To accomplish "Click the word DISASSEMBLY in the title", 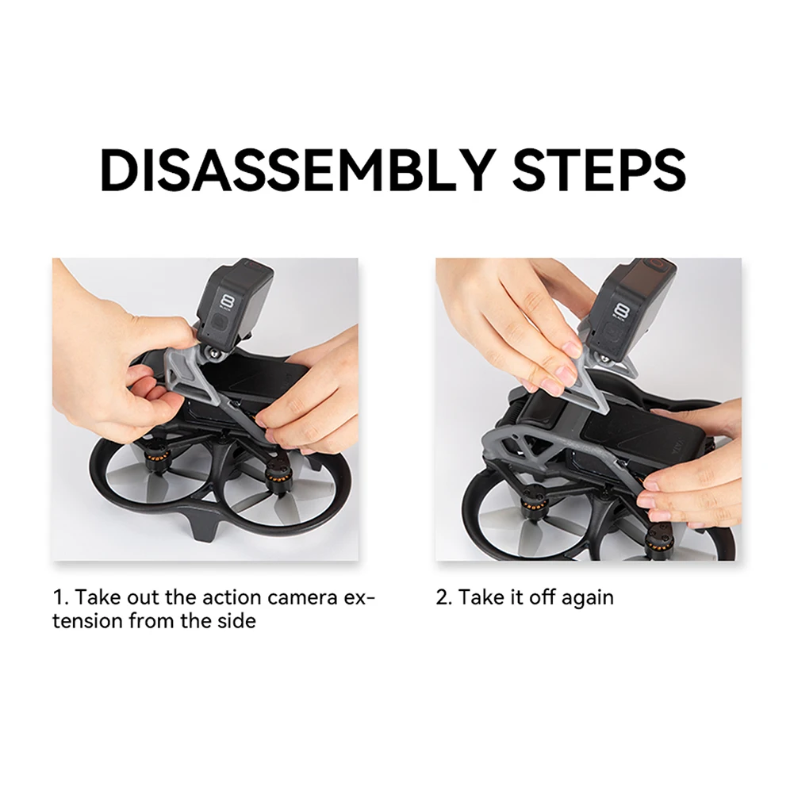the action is click(x=297, y=170).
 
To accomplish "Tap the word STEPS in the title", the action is click(x=600, y=170).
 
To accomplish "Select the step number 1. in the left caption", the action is click(x=61, y=597).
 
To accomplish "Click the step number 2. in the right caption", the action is click(x=444, y=597).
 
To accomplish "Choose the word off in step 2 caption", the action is click(x=541, y=597).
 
